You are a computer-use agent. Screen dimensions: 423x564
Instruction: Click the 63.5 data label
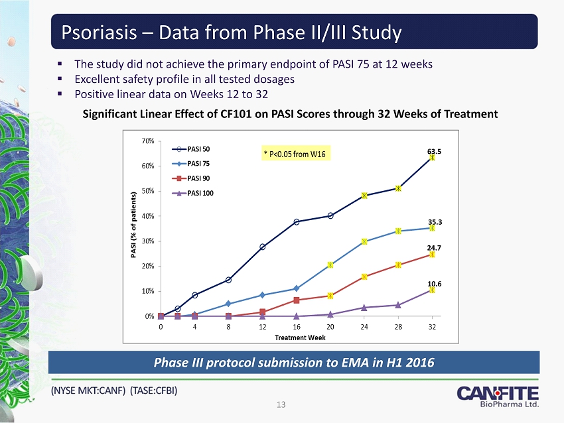coord(434,151)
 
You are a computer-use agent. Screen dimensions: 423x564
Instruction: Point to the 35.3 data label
coord(435,222)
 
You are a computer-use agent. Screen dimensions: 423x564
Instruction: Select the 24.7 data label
coord(434,247)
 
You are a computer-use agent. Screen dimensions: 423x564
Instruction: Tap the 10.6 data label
coord(434,284)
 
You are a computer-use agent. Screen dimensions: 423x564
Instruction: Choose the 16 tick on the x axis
coord(297,326)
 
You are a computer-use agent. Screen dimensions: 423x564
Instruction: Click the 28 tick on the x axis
coord(398,326)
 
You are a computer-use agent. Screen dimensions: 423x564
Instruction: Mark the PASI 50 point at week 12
coord(263,247)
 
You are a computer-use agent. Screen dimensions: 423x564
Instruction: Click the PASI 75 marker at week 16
coord(297,288)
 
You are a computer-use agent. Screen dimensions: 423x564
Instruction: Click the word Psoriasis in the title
coord(98,31)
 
